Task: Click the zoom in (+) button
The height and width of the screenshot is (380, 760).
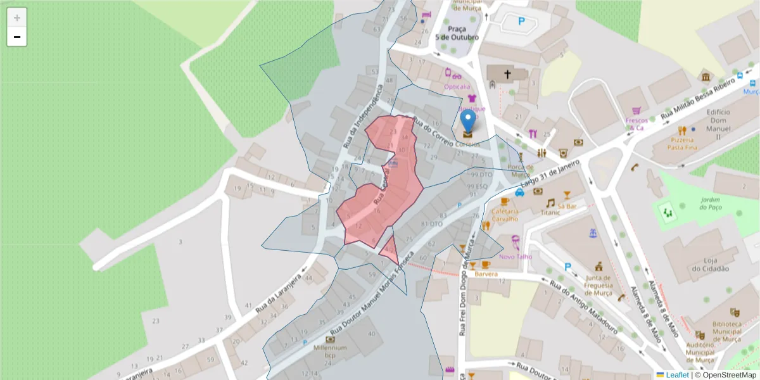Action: tap(17, 18)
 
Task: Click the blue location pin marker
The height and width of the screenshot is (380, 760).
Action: tap(467, 122)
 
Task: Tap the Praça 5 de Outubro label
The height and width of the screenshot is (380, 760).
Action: tap(457, 33)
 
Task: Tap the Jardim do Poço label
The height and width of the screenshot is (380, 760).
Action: tap(711, 203)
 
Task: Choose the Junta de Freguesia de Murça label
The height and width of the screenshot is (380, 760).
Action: tap(598, 285)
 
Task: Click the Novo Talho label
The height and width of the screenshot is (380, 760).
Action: tap(516, 256)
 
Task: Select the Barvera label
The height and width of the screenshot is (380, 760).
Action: tap(486, 274)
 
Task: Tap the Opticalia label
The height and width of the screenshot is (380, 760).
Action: tap(457, 86)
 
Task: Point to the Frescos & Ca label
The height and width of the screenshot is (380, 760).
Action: tap(636, 123)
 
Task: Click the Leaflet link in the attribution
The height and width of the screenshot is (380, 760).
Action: tap(676, 375)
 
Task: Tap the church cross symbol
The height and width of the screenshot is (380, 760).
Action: tap(507, 75)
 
